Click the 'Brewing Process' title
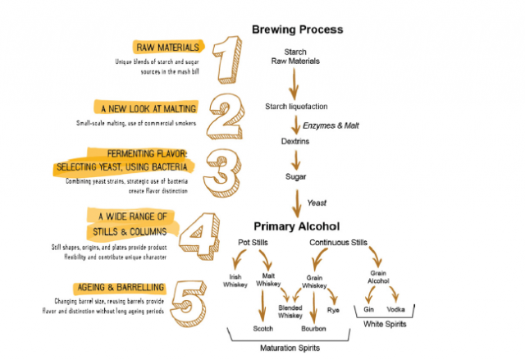[297, 30]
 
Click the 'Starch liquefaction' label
[296, 107]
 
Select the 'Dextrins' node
[294, 141]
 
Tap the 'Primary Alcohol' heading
[296, 226]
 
